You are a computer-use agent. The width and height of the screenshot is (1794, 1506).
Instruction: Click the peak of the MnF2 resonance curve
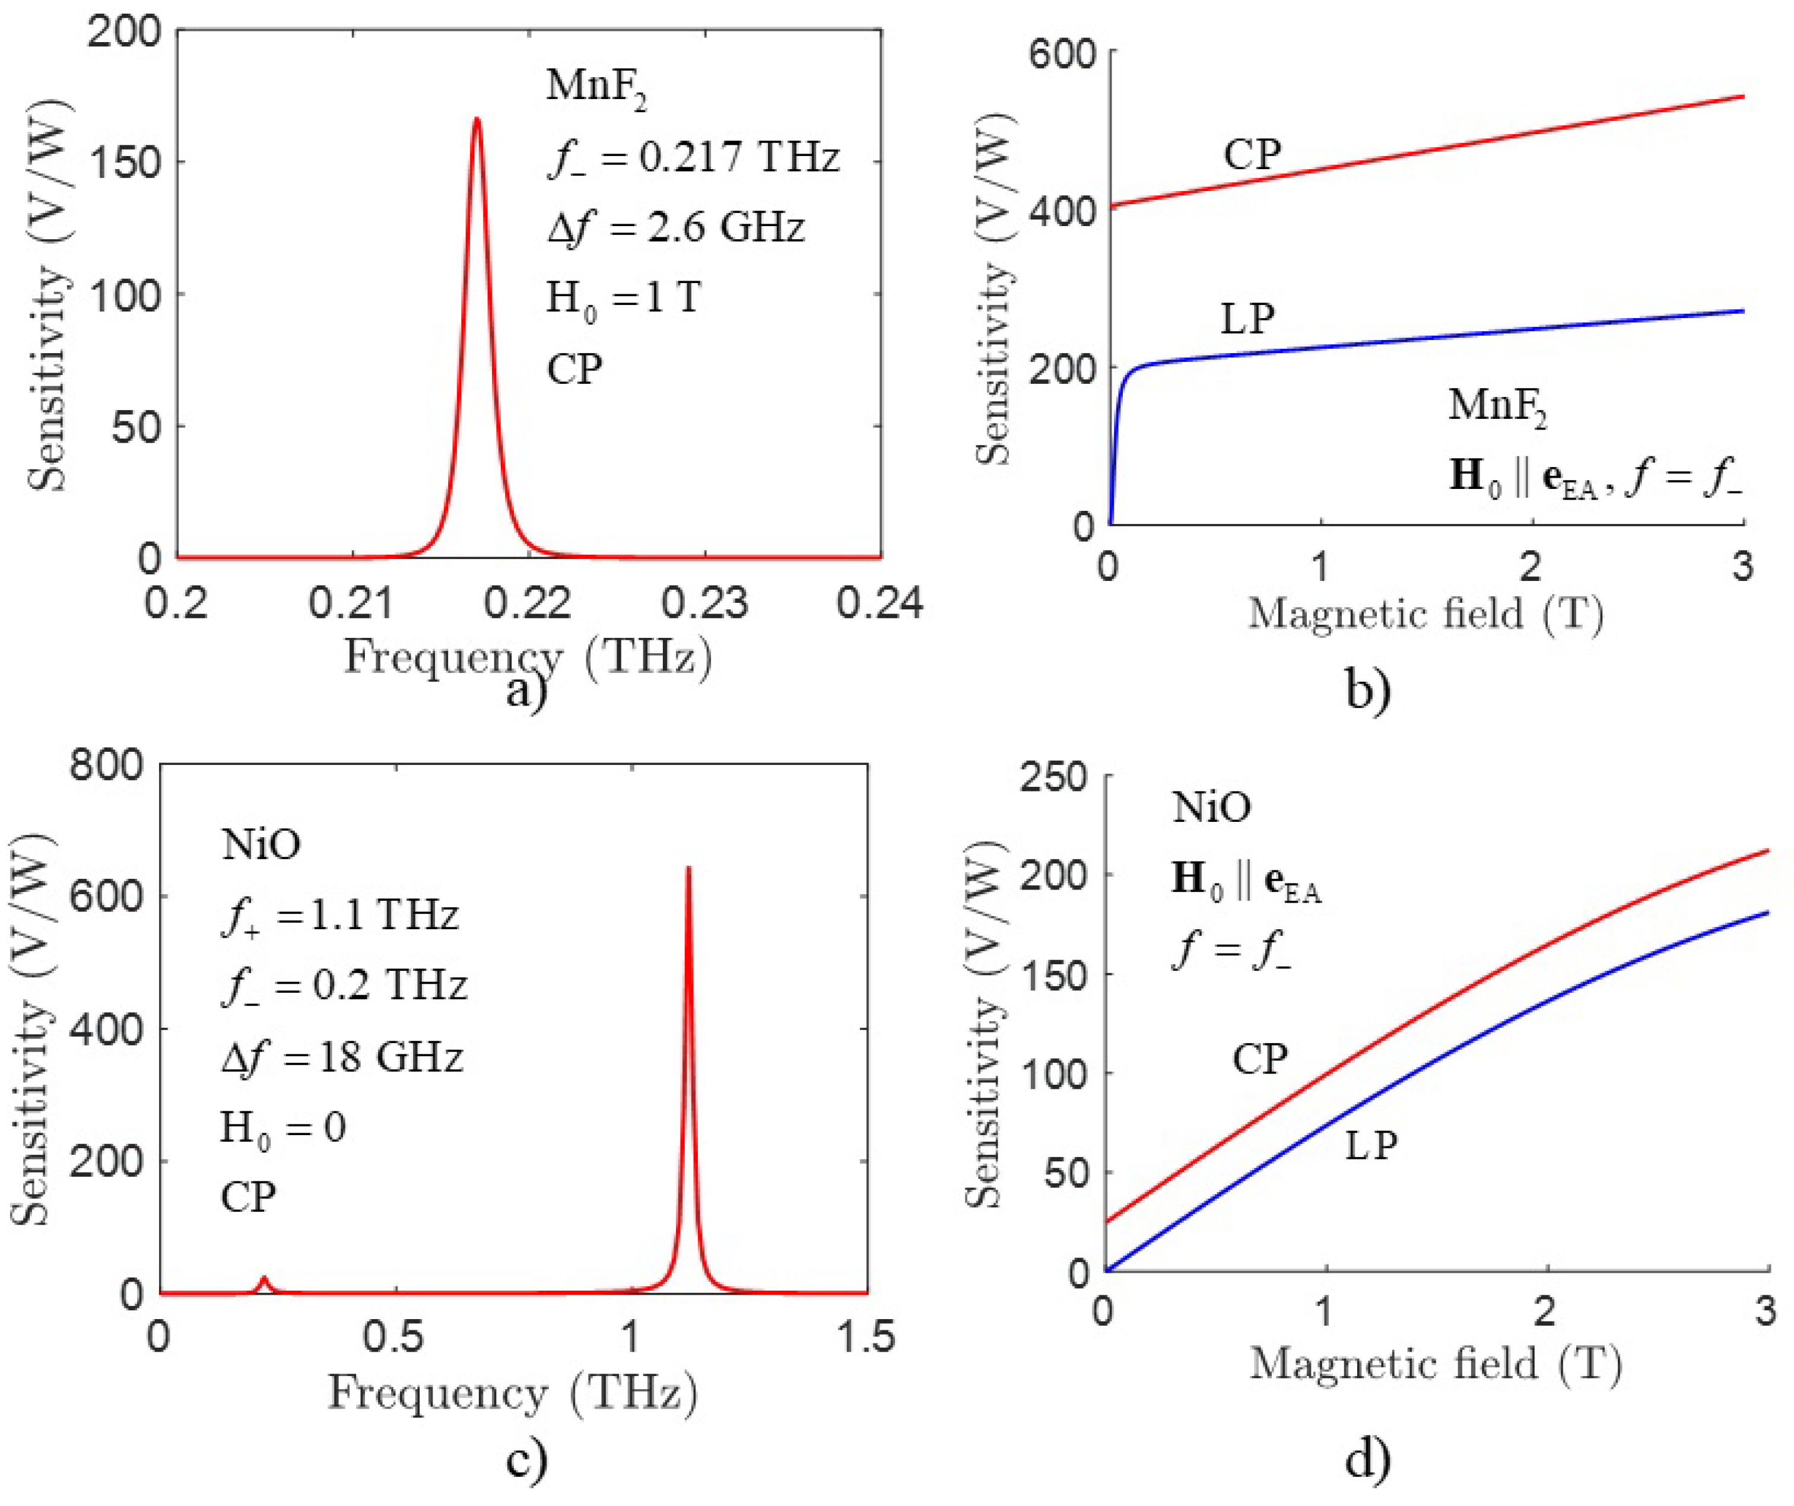tap(477, 120)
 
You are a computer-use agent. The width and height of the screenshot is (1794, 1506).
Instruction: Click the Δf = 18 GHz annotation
tap(342, 1057)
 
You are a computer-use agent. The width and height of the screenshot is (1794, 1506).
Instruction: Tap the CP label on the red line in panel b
tap(1252, 155)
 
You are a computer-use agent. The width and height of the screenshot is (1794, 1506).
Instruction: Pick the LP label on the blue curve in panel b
tap(1247, 319)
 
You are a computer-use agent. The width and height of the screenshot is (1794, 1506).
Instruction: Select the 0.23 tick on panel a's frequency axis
tap(705, 603)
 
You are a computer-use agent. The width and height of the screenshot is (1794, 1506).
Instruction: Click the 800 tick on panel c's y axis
tap(106, 765)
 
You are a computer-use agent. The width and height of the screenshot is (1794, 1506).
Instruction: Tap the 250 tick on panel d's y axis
tap(1053, 777)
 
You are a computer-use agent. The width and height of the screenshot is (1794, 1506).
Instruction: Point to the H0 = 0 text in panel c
tap(282, 1129)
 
